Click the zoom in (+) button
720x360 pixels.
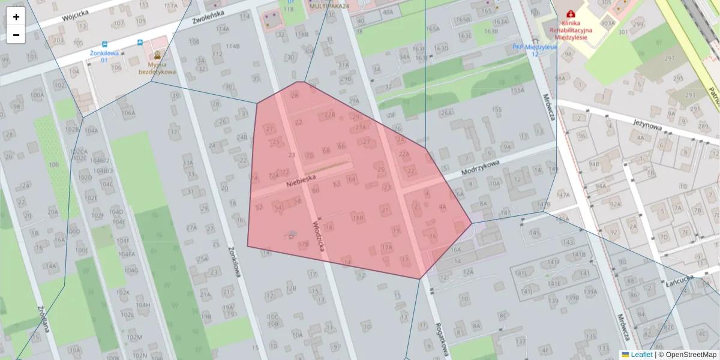(16, 17)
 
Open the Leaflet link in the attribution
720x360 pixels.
(641, 355)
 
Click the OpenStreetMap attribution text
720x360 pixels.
(691, 355)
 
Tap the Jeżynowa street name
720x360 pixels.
(647, 124)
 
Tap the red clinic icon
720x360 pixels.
(571, 13)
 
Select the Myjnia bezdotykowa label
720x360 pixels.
(157, 68)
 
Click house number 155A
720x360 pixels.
(517, 90)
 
